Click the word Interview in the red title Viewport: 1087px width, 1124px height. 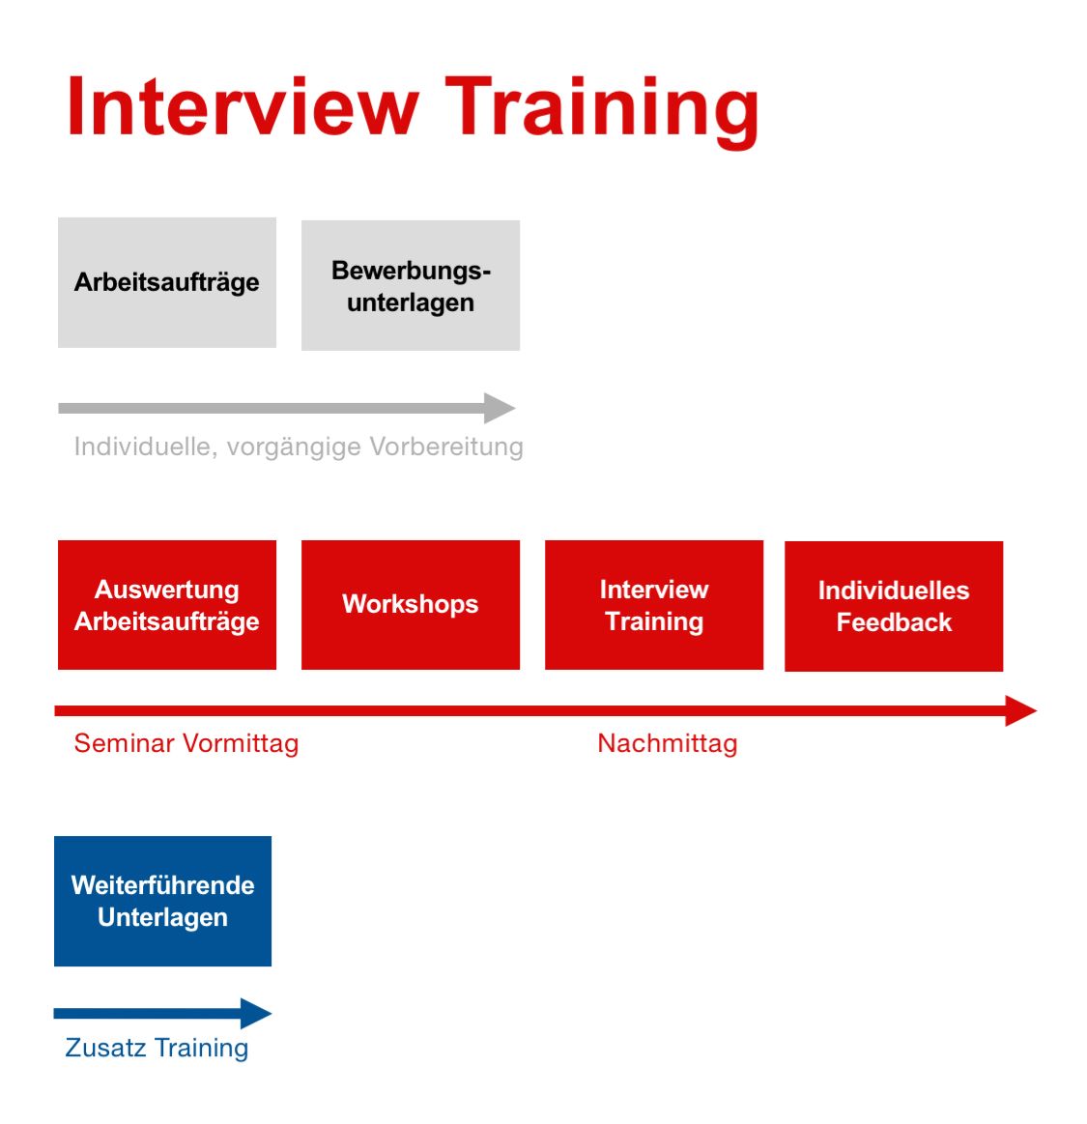243,106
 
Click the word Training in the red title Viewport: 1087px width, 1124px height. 602,112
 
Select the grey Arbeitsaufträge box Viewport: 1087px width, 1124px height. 167,282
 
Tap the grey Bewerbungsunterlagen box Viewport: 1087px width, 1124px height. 411,285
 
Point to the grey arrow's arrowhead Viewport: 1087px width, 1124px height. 500,408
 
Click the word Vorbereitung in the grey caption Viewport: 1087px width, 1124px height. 446,447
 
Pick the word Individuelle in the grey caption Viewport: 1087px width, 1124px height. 146,446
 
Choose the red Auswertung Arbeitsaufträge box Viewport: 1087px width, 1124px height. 167,605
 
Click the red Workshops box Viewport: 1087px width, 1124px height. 411,605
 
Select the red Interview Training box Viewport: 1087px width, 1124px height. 654,605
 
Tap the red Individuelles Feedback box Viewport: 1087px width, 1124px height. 895,606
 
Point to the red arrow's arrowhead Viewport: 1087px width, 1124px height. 1021,710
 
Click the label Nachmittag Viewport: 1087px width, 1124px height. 668,743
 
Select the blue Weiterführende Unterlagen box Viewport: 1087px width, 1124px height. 162,901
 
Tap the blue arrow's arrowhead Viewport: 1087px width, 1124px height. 256,1014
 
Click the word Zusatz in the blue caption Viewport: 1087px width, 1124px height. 106,1048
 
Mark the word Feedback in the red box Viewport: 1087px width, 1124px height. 895,622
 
